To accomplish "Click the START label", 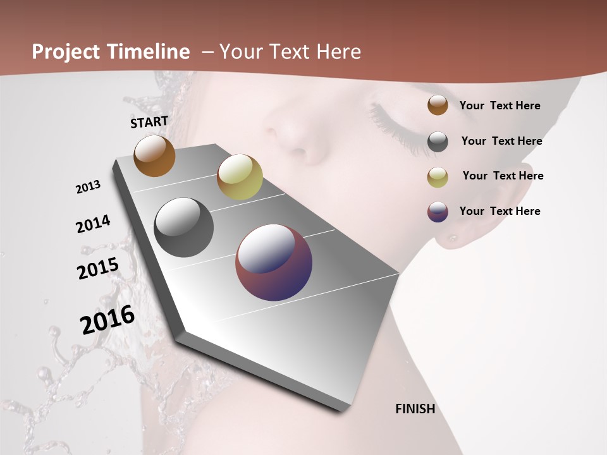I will coord(149,122).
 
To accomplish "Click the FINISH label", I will coord(415,409).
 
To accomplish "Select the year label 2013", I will coord(88,187).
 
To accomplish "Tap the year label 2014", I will coord(93,224).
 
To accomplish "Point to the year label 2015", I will coord(98,268).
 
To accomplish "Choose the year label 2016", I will coord(107,319).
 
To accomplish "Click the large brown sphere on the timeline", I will coord(154,155).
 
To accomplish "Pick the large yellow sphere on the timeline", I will coord(240,177).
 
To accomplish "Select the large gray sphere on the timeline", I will coord(184,227).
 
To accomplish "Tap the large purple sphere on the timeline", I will coord(274,262).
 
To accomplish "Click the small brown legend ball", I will coord(438,106).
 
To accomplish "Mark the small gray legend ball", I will coord(438,142).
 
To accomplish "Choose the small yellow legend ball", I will coord(438,177).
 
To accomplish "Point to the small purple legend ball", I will coord(438,212).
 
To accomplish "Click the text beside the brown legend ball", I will coord(500,106).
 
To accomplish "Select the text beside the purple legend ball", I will coord(500,211).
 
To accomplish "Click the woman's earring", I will coord(453,238).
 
